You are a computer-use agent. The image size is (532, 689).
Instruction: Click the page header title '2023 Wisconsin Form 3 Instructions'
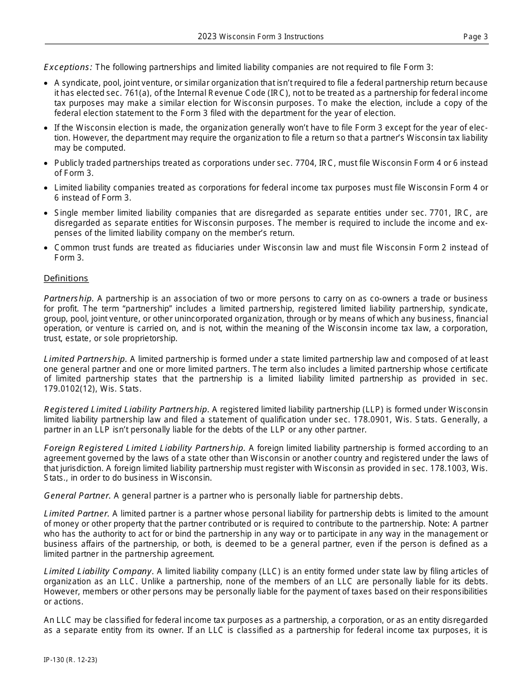coord(260,36)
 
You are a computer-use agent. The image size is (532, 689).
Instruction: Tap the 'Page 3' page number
coord(475,37)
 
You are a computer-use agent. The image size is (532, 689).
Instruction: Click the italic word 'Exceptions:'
coord(68,67)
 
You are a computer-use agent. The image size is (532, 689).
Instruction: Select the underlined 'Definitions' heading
coord(66,278)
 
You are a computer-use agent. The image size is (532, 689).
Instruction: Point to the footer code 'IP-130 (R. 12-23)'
coord(71,660)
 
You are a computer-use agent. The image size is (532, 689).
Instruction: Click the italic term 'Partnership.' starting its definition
coord(69,299)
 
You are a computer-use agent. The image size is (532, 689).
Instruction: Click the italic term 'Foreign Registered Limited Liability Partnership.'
coord(144,448)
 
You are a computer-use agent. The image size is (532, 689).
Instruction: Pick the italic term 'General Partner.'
coord(77,496)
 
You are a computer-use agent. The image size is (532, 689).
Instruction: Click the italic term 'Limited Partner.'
coord(77,514)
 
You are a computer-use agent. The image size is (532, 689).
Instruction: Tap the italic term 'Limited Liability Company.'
coord(99,571)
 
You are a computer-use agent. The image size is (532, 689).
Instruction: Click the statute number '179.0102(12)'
coord(66,389)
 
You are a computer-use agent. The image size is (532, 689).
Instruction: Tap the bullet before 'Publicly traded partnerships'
coord(46,164)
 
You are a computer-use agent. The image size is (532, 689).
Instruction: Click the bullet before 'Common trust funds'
coord(46,248)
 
